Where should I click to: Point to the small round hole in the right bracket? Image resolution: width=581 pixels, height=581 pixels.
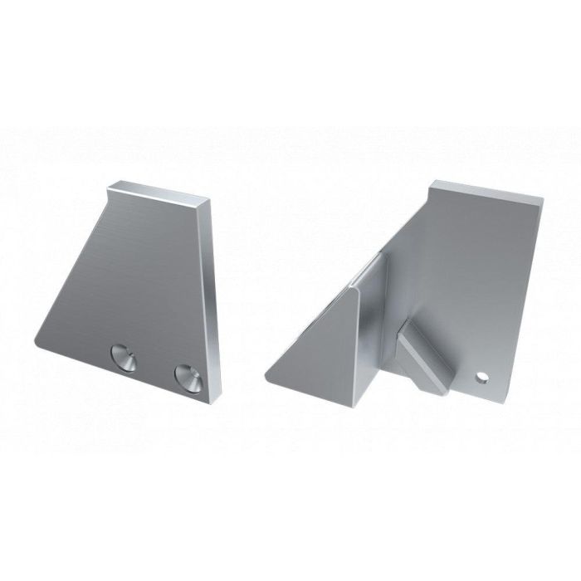pyautogui.click(x=481, y=378)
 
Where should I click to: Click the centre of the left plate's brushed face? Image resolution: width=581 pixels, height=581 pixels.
pyautogui.click(x=133, y=282)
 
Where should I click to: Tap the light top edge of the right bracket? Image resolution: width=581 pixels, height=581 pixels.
pyautogui.click(x=486, y=190)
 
